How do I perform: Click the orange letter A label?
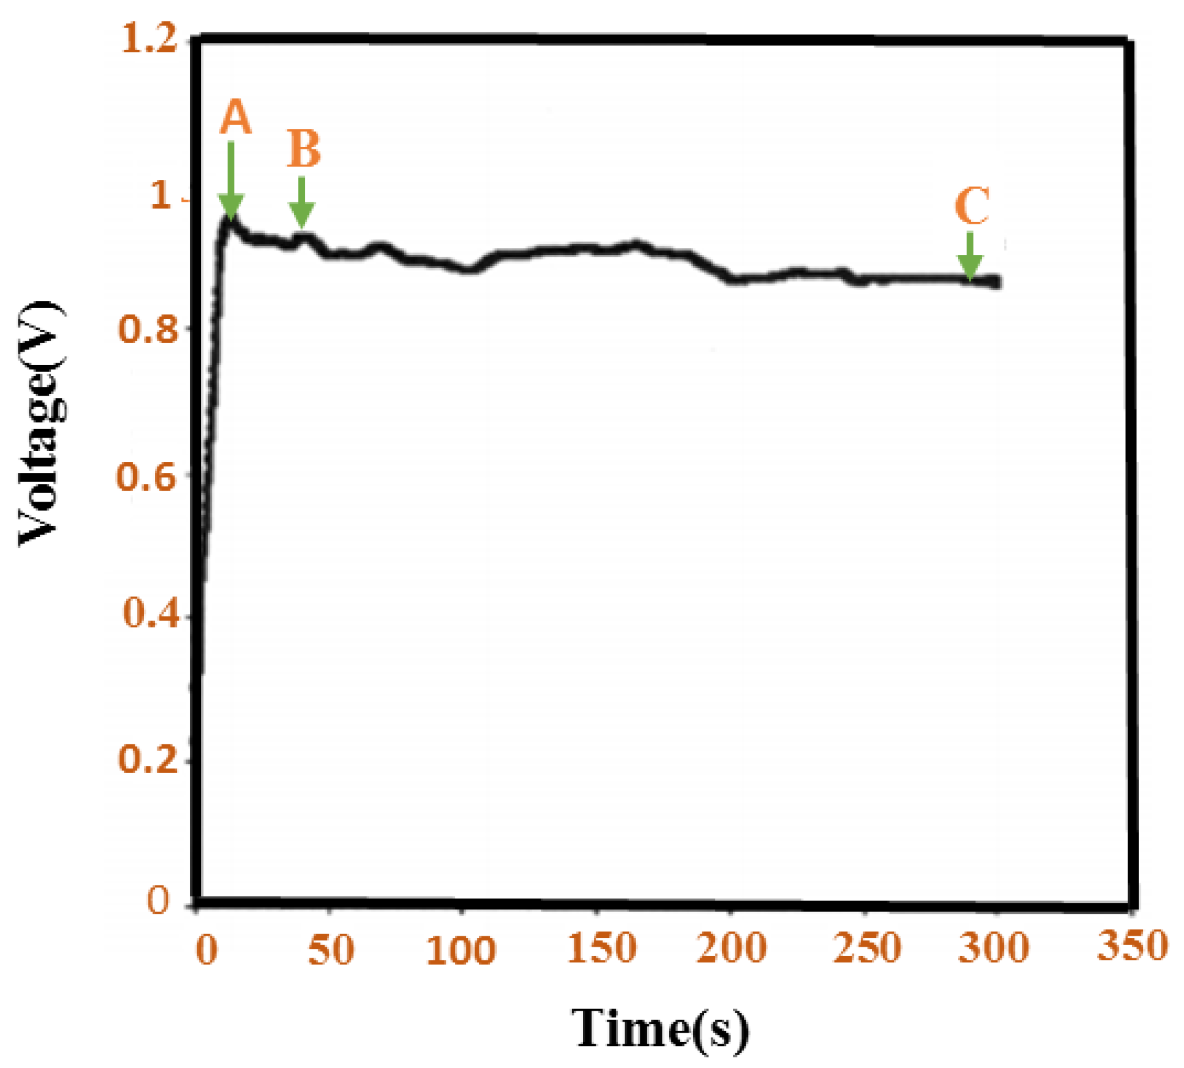pos(235,117)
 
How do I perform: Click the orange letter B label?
pos(304,149)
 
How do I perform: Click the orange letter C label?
pos(972,206)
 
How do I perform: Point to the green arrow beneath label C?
pos(970,257)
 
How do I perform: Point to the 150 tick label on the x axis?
pos(602,947)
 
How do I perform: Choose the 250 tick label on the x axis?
pos(867,947)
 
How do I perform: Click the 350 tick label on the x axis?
pos(1132,945)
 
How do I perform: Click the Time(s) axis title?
pos(660,1028)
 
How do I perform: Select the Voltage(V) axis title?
pos(41,423)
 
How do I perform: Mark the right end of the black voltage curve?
pos(997,282)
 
